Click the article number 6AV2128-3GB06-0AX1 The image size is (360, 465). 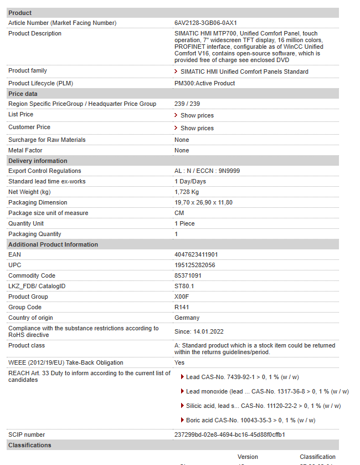[205, 23]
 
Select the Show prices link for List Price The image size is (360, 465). [197, 115]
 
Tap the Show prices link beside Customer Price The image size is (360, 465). [197, 128]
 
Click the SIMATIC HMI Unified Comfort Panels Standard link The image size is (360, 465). [244, 71]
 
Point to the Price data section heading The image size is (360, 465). [23, 94]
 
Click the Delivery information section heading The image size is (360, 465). [38, 161]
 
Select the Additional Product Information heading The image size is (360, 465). [53, 244]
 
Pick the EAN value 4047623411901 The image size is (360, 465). [196, 255]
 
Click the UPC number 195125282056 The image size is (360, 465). [194, 265]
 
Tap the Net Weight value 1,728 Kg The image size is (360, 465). [187, 192]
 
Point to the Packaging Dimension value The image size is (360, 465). [203, 202]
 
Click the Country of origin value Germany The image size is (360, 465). [187, 318]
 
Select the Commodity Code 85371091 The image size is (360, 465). [188, 276]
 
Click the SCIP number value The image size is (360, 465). [229, 435]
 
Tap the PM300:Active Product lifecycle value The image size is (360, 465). [204, 83]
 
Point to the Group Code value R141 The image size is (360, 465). [182, 307]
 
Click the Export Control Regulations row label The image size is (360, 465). [44, 171]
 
